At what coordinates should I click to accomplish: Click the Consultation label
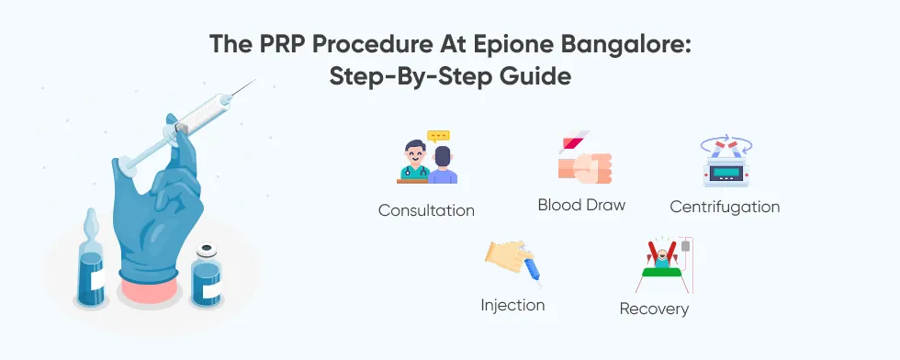(426, 210)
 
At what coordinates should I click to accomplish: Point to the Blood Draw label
(581, 205)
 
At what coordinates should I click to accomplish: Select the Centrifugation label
(725, 207)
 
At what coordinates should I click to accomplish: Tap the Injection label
(512, 305)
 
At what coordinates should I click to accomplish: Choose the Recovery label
(654, 309)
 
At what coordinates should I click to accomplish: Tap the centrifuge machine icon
(726, 161)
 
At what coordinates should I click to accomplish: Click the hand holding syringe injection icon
(513, 264)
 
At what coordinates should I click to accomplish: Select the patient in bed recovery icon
(665, 265)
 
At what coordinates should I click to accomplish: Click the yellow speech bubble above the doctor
(439, 137)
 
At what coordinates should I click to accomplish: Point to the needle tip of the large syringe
(255, 80)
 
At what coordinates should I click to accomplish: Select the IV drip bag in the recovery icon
(685, 246)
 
